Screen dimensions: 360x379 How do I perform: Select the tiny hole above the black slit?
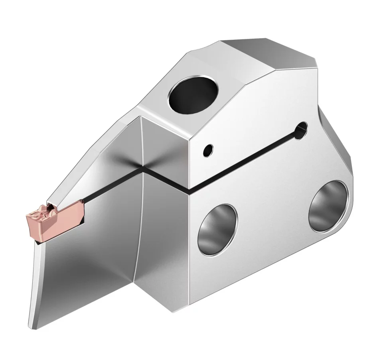[207, 150]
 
